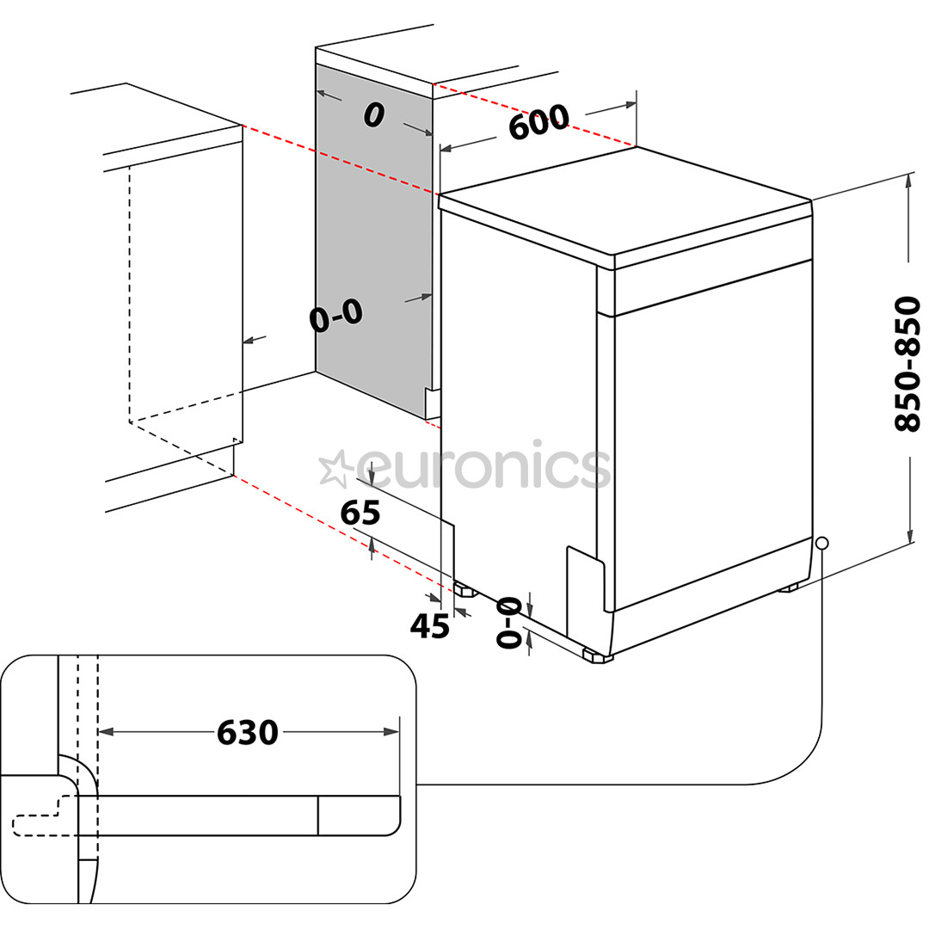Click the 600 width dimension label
click(538, 122)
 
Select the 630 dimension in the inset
click(248, 733)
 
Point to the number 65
click(360, 513)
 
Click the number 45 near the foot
click(429, 626)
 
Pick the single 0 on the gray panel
click(372, 114)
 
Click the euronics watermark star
click(333, 469)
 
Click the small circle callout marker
click(821, 544)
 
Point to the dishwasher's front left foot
click(465, 590)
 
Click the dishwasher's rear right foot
click(787, 588)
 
